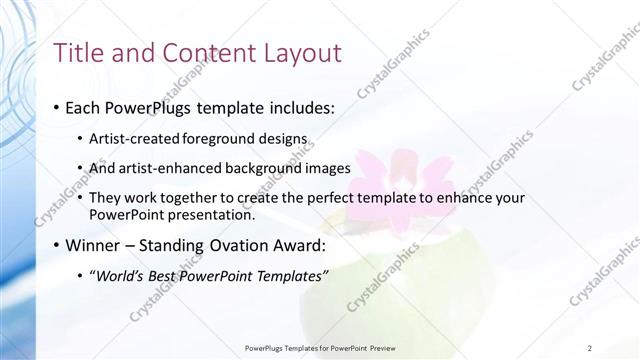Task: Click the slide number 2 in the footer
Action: click(590, 348)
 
